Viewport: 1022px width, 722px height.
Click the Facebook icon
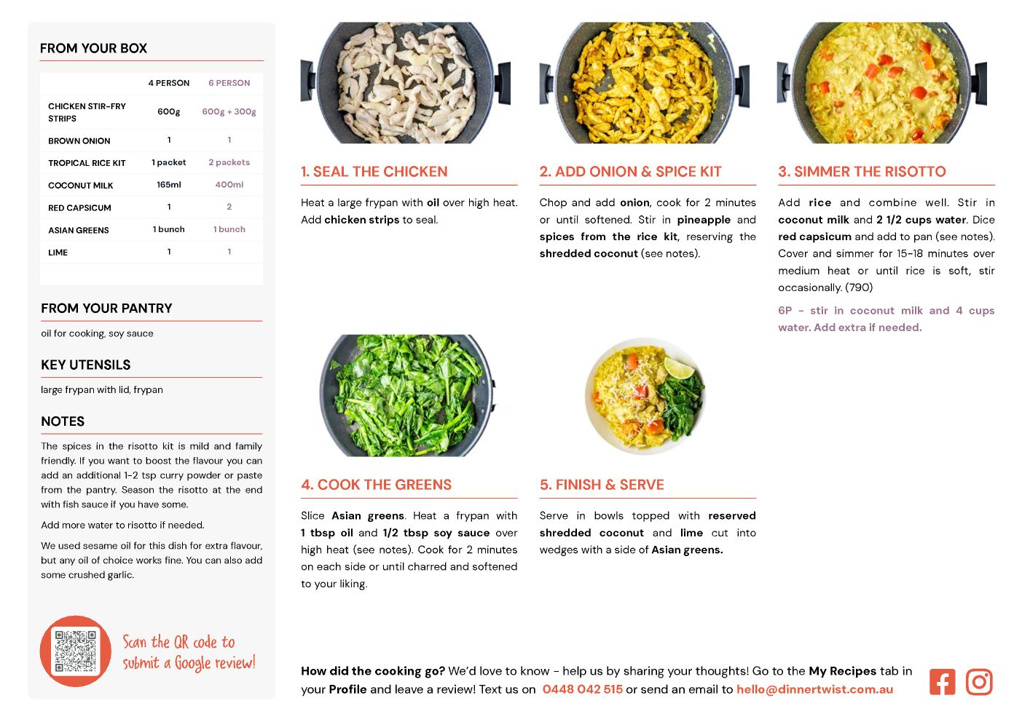[942, 681]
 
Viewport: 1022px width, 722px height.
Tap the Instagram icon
[979, 681]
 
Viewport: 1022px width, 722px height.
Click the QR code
[76, 651]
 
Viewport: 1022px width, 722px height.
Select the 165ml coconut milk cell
[169, 185]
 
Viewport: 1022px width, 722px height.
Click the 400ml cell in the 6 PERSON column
[229, 185]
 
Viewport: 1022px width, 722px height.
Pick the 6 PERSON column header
[229, 83]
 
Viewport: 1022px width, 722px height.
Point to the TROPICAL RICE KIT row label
[87, 163]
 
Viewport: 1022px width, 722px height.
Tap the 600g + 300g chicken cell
[229, 111]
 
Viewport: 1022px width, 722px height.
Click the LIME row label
[58, 253]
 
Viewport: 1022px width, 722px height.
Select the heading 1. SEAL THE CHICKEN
[374, 171]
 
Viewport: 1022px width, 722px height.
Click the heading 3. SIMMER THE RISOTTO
[862, 171]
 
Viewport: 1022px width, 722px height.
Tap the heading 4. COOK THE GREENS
[376, 485]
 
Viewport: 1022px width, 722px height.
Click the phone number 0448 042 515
[583, 689]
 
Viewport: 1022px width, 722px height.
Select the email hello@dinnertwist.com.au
[815, 689]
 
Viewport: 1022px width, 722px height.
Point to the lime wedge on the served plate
[678, 368]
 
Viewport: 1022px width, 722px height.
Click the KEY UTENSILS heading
[86, 365]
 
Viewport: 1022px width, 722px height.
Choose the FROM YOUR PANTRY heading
[107, 308]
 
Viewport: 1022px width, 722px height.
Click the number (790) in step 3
[859, 287]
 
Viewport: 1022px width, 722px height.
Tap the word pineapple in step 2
[704, 220]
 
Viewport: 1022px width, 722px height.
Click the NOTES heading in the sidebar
[63, 421]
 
